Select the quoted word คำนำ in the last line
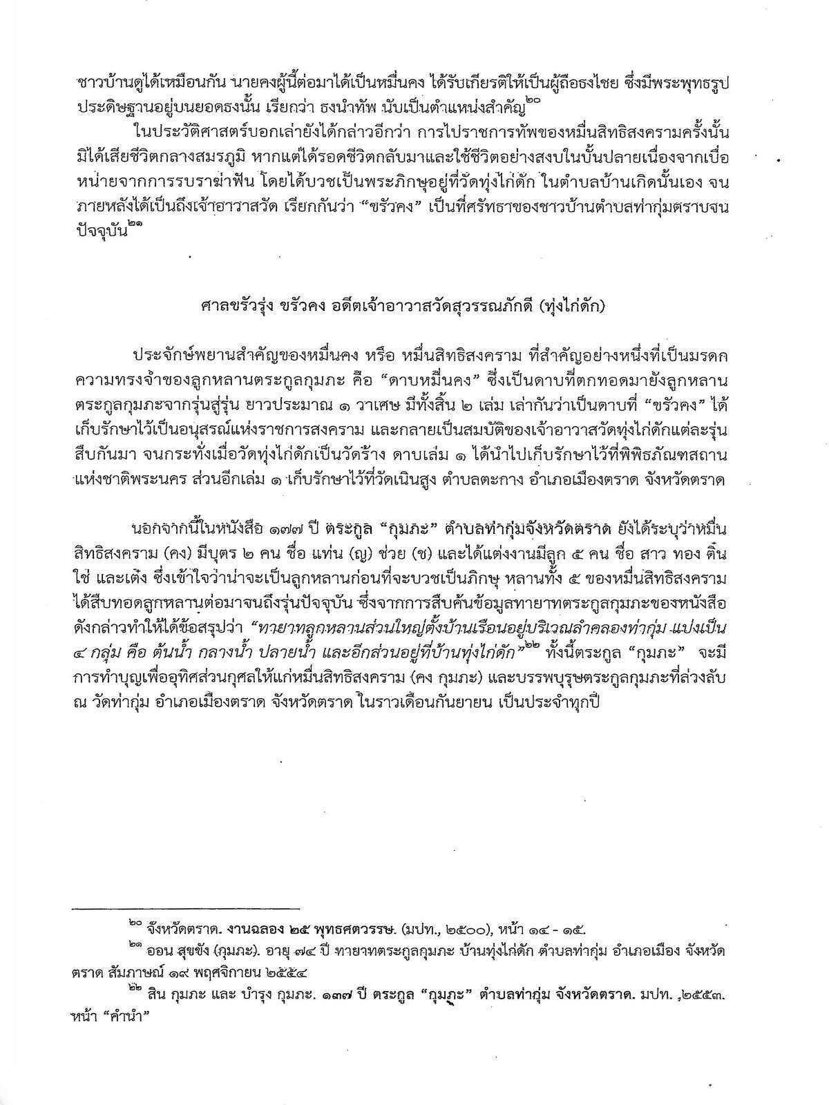click(137, 1020)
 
